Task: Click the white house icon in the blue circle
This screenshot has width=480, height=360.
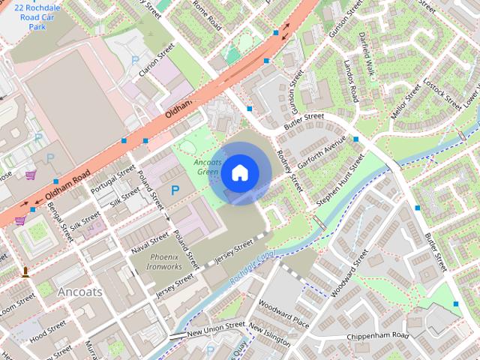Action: [x=238, y=172]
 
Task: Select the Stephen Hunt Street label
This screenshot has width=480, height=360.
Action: [x=340, y=180]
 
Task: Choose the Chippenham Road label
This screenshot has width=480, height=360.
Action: [x=378, y=335]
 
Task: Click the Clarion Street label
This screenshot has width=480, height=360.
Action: [x=156, y=59]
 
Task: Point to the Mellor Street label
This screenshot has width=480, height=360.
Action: [x=406, y=103]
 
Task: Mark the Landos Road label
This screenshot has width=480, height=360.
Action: [x=350, y=81]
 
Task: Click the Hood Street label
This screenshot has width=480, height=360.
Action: [x=48, y=328]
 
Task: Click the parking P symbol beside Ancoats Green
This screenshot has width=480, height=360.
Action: [x=175, y=191]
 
